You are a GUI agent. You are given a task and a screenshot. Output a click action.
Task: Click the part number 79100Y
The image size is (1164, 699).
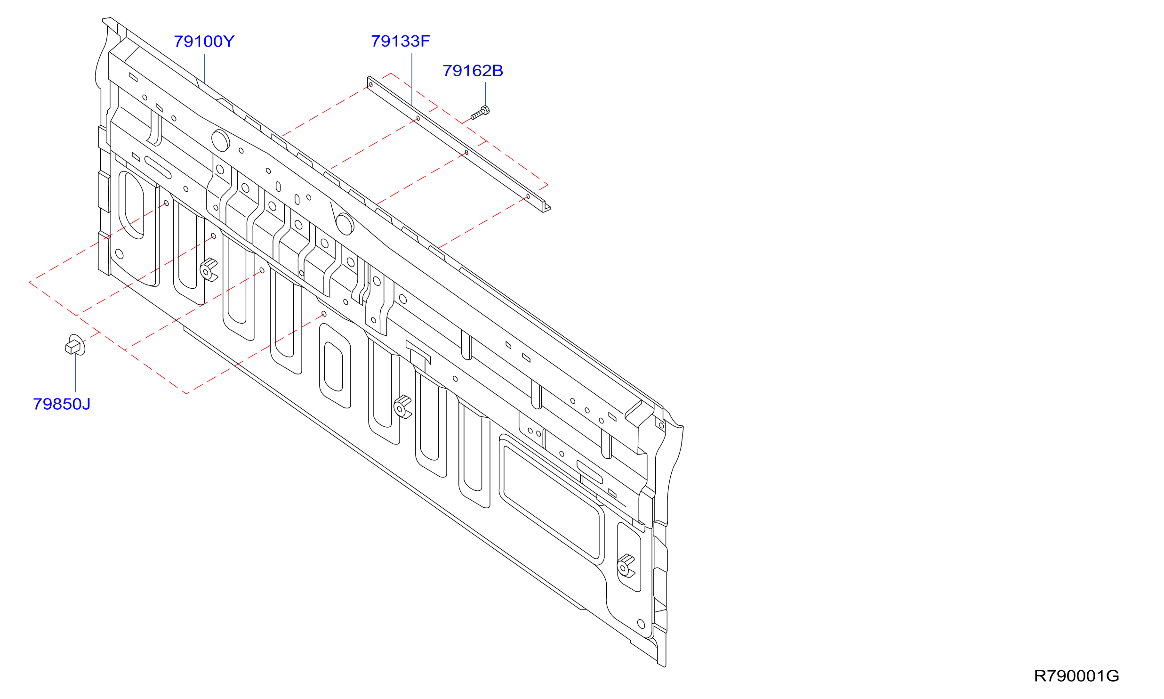pyautogui.click(x=204, y=41)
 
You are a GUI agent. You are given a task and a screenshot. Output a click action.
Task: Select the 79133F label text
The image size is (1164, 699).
pyautogui.click(x=401, y=41)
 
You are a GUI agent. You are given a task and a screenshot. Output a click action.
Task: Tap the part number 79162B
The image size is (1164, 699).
pyautogui.click(x=473, y=71)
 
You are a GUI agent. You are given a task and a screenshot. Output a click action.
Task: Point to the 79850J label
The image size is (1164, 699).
pyautogui.click(x=62, y=404)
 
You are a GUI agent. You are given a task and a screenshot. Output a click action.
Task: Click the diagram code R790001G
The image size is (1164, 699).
pyautogui.click(x=1076, y=676)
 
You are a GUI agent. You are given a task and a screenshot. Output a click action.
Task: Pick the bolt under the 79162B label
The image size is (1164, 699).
pyautogui.click(x=480, y=113)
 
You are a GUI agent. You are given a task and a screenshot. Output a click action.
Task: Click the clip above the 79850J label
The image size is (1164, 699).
pyautogui.click(x=75, y=345)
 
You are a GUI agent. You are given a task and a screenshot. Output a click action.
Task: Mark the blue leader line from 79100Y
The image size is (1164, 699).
pyautogui.click(x=204, y=69)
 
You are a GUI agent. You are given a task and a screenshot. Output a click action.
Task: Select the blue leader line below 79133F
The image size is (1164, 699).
pyautogui.click(x=412, y=79)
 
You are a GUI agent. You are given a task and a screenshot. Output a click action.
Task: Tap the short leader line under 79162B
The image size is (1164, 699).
pyautogui.click(x=486, y=94)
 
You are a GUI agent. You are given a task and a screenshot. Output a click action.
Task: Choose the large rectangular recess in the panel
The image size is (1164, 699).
pyautogui.click(x=552, y=500)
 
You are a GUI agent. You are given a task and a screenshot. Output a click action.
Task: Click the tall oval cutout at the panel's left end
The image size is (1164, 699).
pyautogui.click(x=131, y=205)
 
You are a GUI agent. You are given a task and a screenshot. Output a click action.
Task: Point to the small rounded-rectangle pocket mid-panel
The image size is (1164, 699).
pyautogui.click(x=335, y=366)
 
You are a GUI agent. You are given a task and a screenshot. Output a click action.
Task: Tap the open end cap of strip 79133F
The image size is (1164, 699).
pyautogui.click(x=546, y=207)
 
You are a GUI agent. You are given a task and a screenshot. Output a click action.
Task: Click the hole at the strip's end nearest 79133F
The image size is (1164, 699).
pyautogui.click(x=371, y=85)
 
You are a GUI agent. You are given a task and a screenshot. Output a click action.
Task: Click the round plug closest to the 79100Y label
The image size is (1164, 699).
pyautogui.click(x=220, y=140)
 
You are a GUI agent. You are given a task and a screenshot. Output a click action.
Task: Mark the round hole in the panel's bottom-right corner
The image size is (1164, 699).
pyautogui.click(x=641, y=624)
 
